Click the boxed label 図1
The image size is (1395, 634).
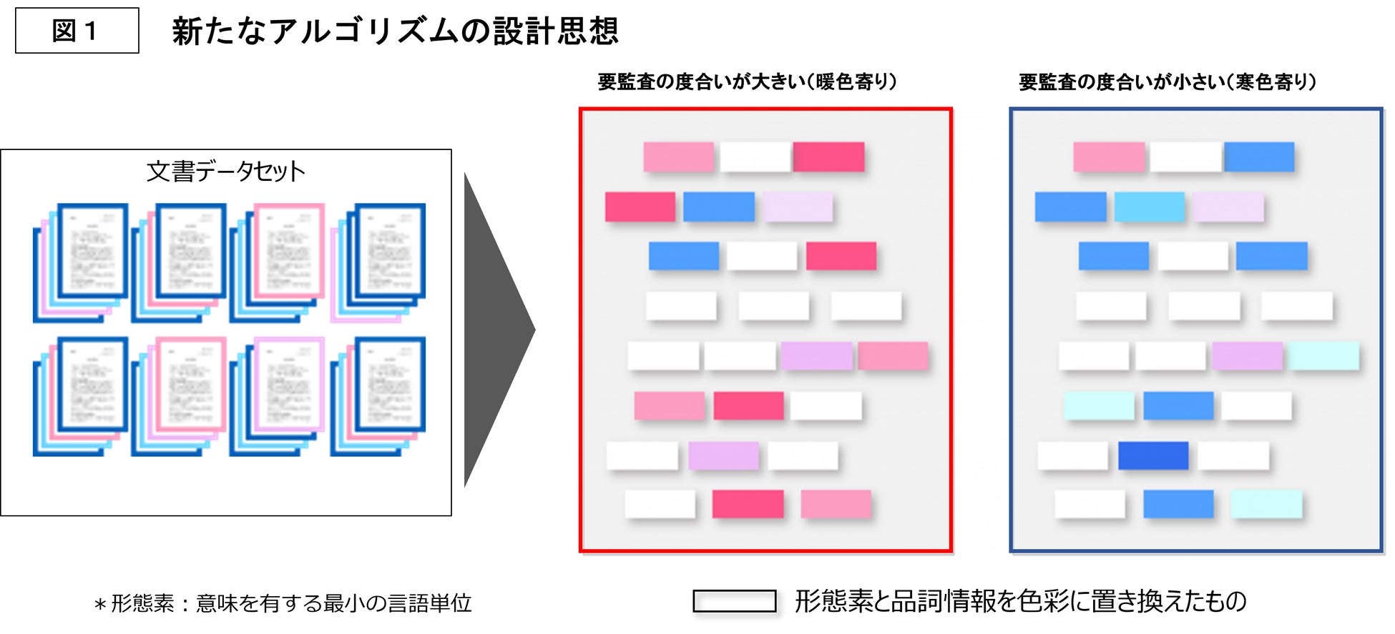[77, 31]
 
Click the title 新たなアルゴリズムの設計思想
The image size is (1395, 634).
[395, 31]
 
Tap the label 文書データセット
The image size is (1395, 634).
[225, 172]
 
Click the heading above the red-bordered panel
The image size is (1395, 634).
[747, 82]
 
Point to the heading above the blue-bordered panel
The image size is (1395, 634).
[1167, 82]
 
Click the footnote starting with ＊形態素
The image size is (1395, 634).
[283, 603]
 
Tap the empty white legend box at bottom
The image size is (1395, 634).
[734, 601]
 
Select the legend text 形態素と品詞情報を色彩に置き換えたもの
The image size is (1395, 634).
[1020, 601]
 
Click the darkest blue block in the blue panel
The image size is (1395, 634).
[1152, 455]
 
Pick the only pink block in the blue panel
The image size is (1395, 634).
[1108, 157]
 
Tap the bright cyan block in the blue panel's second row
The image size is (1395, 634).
[1149, 207]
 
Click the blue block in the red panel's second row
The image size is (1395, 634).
[718, 207]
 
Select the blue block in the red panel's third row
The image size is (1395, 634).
[683, 256]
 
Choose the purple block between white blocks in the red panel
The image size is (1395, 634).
[723, 455]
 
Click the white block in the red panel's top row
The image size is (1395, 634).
[755, 157]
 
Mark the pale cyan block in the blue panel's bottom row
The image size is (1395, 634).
[1266, 504]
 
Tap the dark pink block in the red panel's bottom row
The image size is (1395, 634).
[748, 504]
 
